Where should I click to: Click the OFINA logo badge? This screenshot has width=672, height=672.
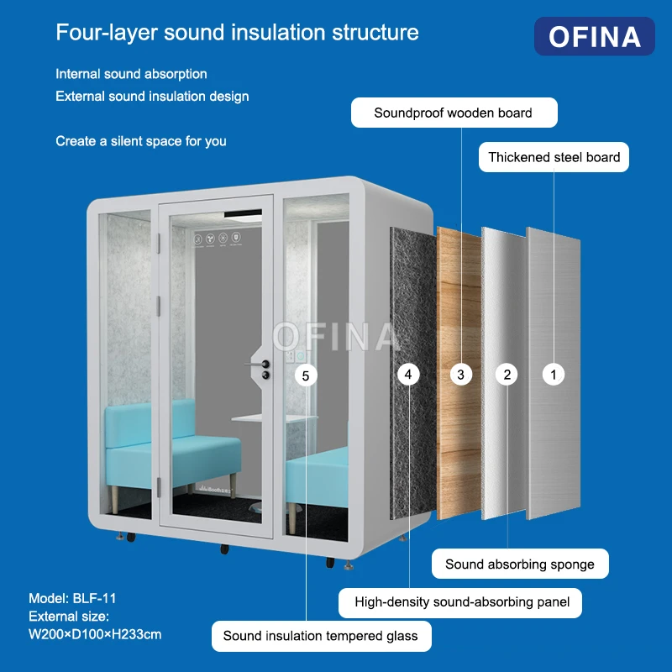[594, 36]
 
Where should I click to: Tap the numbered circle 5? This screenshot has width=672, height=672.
[306, 375]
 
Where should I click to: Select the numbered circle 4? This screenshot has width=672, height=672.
[408, 375]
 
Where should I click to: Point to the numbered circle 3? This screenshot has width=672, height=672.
[460, 375]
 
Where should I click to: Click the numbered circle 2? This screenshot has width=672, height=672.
[507, 375]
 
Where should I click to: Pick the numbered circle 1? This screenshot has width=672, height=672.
[554, 375]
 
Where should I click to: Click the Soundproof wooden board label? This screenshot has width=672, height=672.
[454, 113]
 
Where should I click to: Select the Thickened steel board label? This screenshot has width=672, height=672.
[554, 157]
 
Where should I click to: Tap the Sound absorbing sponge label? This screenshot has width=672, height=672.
[520, 564]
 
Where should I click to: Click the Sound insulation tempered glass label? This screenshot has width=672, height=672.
[322, 636]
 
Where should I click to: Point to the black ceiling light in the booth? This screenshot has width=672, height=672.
[243, 213]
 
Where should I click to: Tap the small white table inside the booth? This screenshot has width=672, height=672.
[275, 417]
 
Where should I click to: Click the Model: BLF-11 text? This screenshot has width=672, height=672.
[72, 598]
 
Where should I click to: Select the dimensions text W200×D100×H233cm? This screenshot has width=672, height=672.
[95, 634]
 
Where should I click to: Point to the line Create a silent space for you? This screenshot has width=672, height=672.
[141, 141]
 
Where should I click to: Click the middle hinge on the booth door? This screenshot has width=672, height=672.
[158, 306]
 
